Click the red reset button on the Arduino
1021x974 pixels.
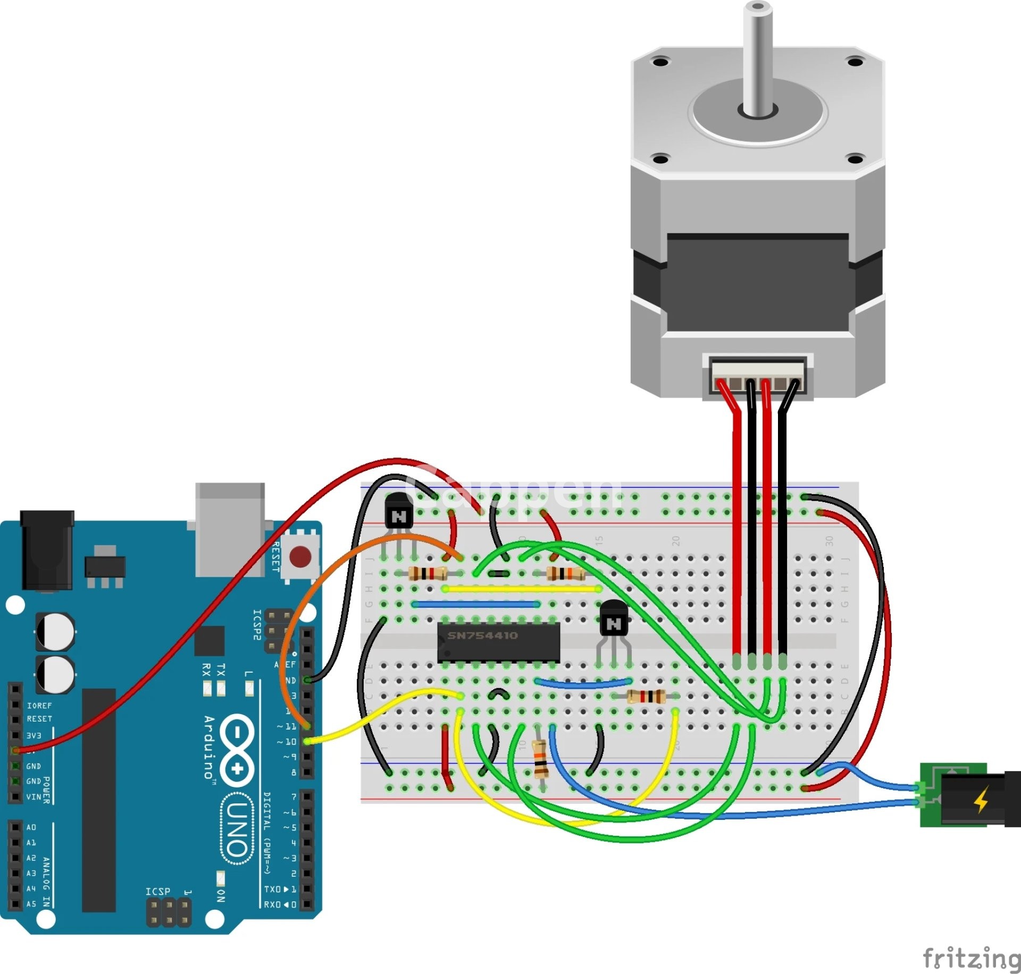pyautogui.click(x=300, y=557)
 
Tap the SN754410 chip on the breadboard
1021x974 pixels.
pyautogui.click(x=498, y=642)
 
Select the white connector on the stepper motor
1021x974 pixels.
pyautogui.click(x=758, y=376)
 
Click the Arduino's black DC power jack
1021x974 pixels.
pyautogui.click(x=47, y=549)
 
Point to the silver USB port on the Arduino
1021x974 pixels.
pyautogui.click(x=230, y=528)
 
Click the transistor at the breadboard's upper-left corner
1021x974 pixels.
pyautogui.click(x=398, y=511)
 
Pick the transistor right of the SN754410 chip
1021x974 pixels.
pyautogui.click(x=614, y=620)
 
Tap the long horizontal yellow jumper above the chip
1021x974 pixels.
pyautogui.click(x=522, y=589)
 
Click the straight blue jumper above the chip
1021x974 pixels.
pyautogui.click(x=476, y=604)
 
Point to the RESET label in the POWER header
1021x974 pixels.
pyautogui.click(x=39, y=719)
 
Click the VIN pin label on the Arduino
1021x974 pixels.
pyautogui.click(x=34, y=797)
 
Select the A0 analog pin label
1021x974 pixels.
pyautogui.click(x=31, y=827)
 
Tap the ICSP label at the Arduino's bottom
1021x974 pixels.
pyautogui.click(x=157, y=891)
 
